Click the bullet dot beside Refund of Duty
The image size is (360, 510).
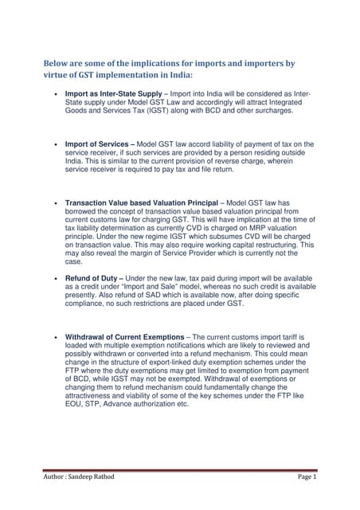tap(54, 280)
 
